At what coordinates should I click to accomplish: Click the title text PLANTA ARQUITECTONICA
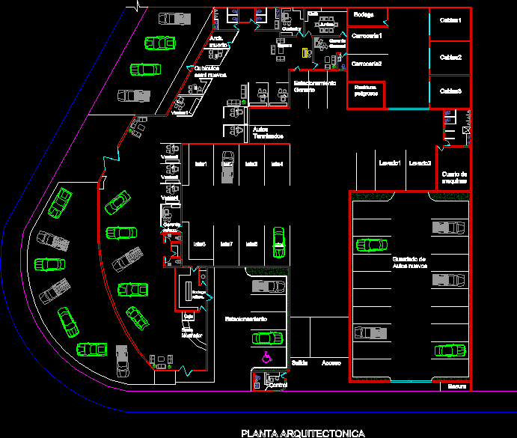302,433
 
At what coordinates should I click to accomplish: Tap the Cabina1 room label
450,20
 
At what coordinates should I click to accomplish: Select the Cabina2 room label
450,57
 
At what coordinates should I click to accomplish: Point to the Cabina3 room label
450,91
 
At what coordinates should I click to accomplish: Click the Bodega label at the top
364,14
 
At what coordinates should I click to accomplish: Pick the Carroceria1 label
367,36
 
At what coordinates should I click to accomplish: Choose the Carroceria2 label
367,64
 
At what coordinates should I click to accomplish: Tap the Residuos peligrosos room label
366,91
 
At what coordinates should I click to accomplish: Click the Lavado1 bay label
390,162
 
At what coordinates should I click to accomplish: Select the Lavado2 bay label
420,162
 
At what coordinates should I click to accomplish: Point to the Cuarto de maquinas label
454,177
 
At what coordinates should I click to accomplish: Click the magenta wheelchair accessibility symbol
266,357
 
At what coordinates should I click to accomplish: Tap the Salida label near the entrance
300,362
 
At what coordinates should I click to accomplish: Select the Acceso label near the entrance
331,362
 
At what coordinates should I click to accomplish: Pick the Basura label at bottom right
457,386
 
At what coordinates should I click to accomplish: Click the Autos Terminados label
268,133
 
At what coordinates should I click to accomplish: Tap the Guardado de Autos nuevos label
409,261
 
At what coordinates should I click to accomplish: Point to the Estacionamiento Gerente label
314,86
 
